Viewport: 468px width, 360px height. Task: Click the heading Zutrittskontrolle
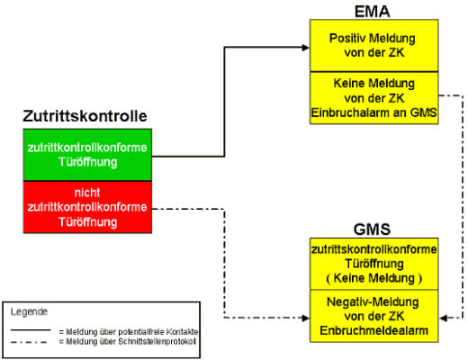[x=85, y=116]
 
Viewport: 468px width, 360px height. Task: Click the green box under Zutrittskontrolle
[x=85, y=154]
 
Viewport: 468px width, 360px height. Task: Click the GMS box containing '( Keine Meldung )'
[x=373, y=263]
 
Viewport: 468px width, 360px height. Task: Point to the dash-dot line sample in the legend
[x=31, y=342]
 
